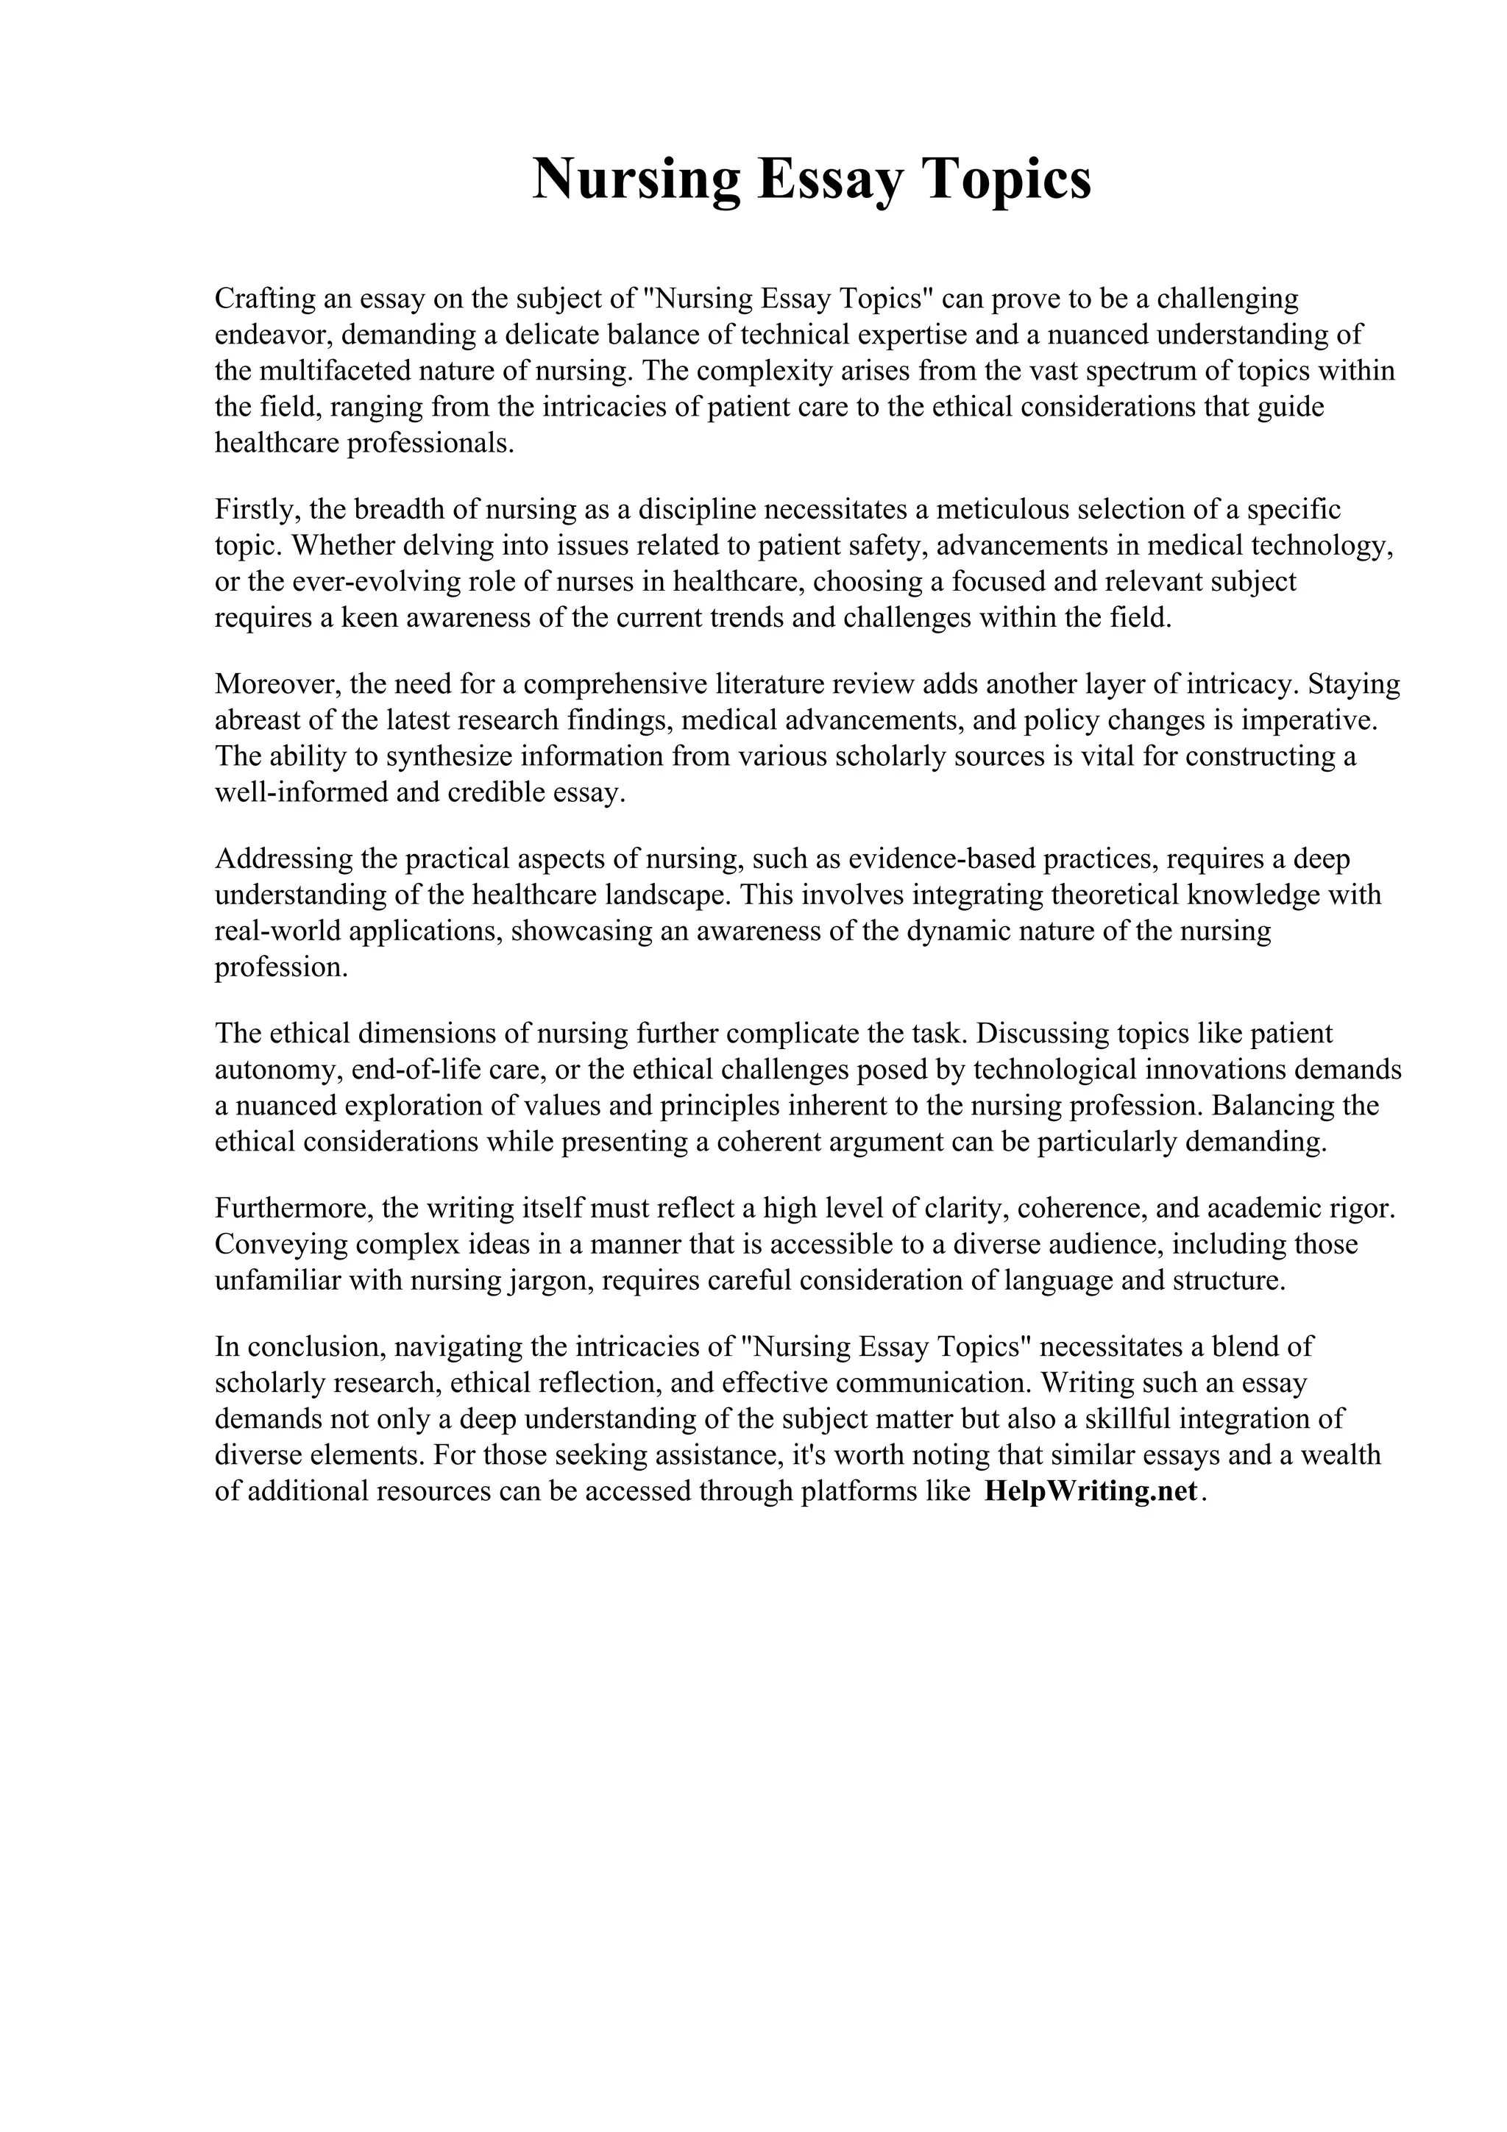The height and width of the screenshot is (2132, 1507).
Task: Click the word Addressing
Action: (283, 859)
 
